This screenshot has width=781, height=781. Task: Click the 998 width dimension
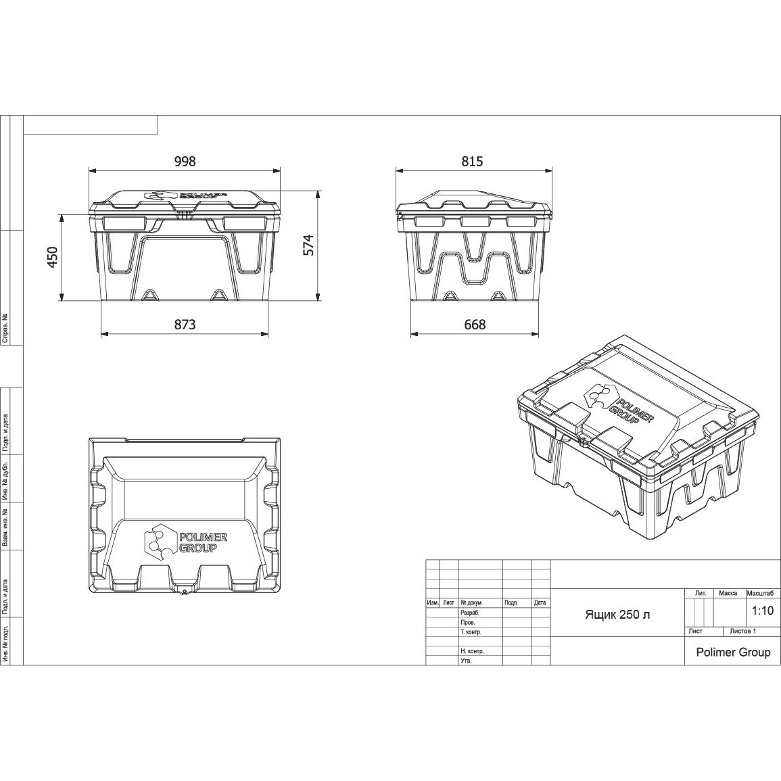[x=185, y=162]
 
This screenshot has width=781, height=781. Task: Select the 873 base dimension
[x=185, y=325]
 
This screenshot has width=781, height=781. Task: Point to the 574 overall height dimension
[x=309, y=245]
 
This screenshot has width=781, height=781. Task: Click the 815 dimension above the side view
[x=472, y=162]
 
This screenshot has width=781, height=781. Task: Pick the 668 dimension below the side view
[x=475, y=325]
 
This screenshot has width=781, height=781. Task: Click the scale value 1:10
[x=763, y=610]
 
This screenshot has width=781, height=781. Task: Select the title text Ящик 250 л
[x=617, y=615]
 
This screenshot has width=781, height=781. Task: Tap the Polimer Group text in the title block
[x=733, y=652]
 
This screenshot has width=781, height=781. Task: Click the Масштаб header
[x=760, y=593]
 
